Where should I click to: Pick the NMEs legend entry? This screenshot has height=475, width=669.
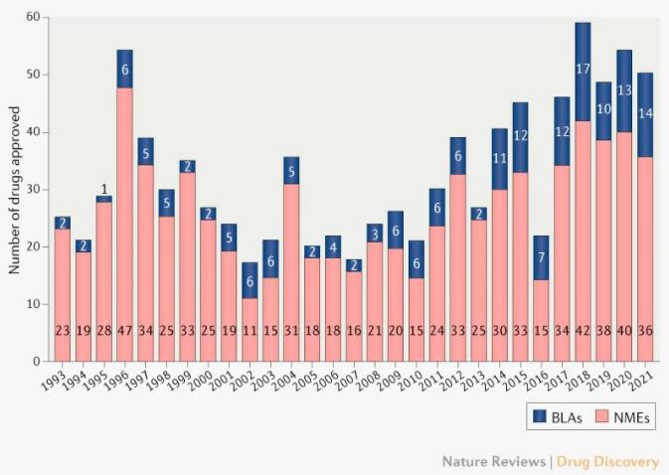[x=617, y=415]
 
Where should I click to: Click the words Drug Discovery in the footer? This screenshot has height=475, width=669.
[x=611, y=461]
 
